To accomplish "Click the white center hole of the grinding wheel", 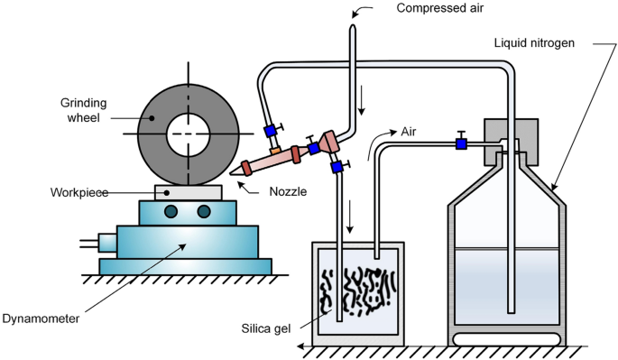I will [189, 134].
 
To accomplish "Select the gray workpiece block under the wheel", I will [189, 191].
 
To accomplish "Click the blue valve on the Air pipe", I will [461, 143].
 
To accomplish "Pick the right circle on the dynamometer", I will [205, 212].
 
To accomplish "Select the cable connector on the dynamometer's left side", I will [106, 243].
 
